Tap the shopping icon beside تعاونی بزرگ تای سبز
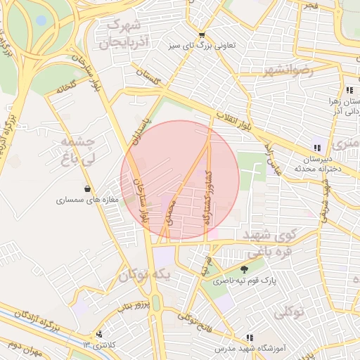coord(202,34)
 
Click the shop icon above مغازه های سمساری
coord(87,189)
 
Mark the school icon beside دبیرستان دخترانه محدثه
coord(317,148)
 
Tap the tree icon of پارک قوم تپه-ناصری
coord(244,269)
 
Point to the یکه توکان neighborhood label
coord(144,276)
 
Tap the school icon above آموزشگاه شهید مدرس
coord(249,337)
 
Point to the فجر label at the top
coord(310,6)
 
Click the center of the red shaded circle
coord(180,180)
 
